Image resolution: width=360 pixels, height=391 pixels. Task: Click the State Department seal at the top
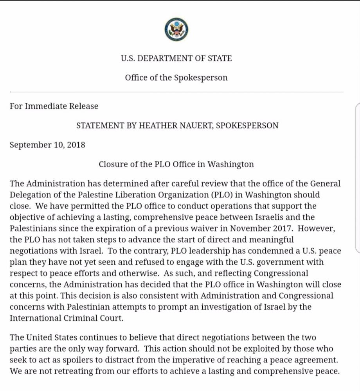pos(176,29)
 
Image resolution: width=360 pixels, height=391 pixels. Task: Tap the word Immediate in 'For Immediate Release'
pos(45,106)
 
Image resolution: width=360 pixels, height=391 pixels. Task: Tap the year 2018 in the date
pos(76,145)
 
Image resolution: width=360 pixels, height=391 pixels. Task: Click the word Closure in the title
pos(113,164)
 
